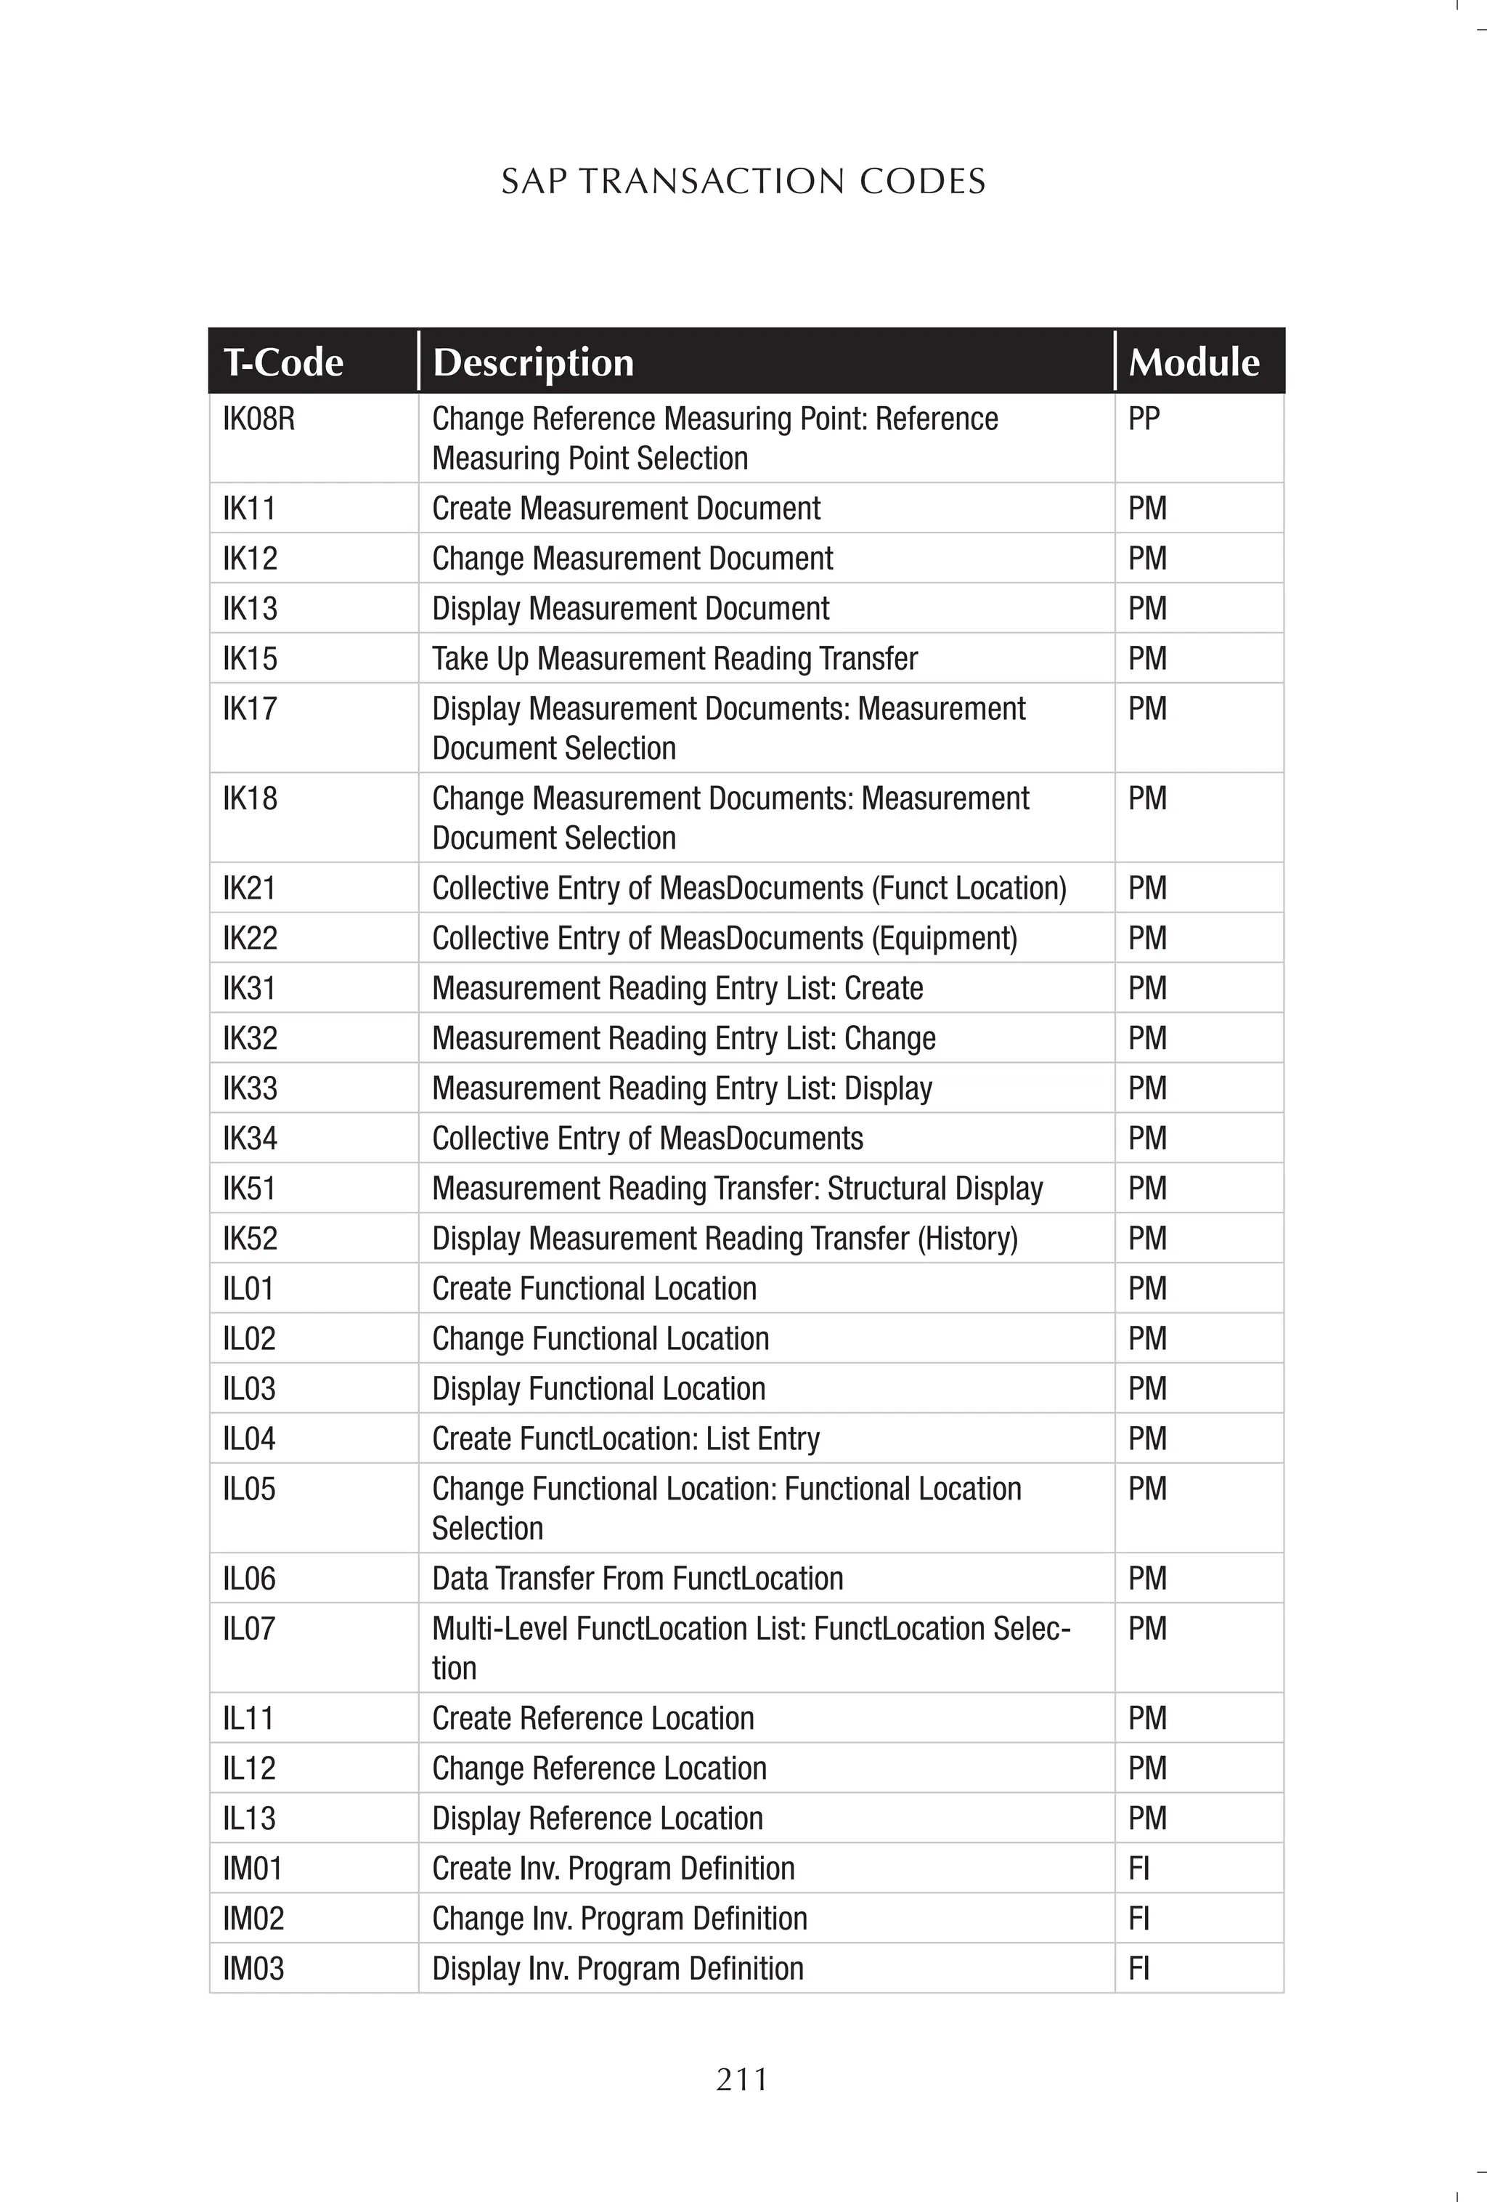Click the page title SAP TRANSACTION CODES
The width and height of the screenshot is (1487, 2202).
(x=743, y=181)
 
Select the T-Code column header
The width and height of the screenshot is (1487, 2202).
(x=282, y=362)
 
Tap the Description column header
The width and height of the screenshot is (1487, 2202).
(x=532, y=362)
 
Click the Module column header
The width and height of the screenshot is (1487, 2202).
(x=1194, y=362)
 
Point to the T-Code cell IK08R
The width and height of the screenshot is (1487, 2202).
(x=258, y=418)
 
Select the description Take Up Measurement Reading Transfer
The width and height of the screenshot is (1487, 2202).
(x=675, y=658)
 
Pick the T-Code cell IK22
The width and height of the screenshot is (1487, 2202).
(x=250, y=938)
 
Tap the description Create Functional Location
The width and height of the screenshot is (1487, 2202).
(x=594, y=1289)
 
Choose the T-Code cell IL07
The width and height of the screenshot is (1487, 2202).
(x=249, y=1629)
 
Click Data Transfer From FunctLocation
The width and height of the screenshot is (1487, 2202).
(x=637, y=1579)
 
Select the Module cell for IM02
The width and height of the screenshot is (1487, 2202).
(x=1138, y=1919)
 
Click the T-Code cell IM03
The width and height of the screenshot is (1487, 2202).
(x=253, y=1969)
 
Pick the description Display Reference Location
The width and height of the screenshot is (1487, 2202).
(x=597, y=1818)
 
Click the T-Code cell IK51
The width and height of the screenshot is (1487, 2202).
(x=249, y=1188)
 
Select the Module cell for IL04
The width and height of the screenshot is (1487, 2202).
(x=1147, y=1438)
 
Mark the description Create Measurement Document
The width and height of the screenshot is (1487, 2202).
(x=626, y=509)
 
